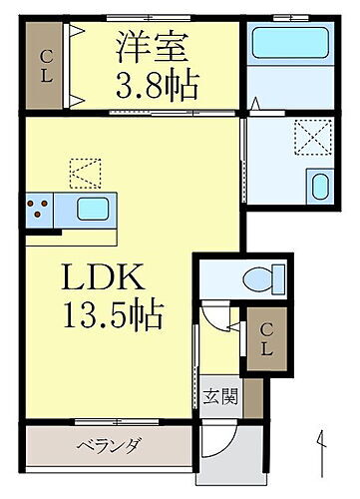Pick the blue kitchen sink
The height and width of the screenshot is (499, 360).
tap(93, 210)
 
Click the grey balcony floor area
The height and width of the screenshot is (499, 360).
tap(60, 445)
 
